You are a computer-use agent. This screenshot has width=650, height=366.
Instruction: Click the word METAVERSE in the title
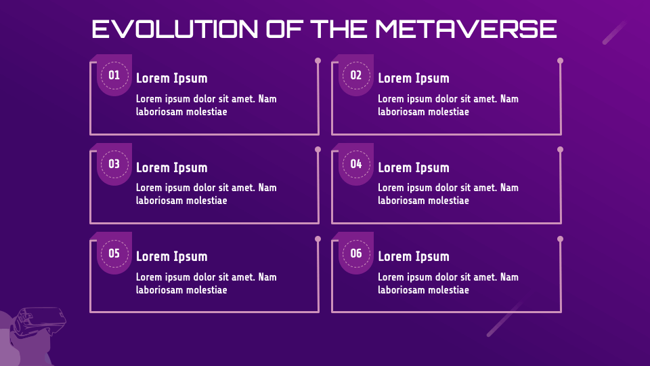[x=465, y=29]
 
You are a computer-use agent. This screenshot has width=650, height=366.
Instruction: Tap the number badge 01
[x=114, y=75]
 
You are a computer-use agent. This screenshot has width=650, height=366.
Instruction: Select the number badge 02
[x=356, y=75]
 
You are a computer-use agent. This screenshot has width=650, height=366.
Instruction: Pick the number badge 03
[x=114, y=164]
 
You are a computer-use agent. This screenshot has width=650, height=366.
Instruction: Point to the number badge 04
[x=356, y=164]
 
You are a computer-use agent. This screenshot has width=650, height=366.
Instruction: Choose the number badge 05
[x=114, y=253]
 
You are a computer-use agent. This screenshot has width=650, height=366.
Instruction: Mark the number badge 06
[x=356, y=253]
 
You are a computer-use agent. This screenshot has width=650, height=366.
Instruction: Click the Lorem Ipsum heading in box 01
[x=171, y=79]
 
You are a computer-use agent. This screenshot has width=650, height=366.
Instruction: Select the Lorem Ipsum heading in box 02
[x=413, y=79]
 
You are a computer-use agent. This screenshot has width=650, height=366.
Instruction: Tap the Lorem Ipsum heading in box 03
[x=171, y=168]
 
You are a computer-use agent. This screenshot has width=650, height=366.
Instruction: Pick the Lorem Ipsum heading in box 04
[x=413, y=168]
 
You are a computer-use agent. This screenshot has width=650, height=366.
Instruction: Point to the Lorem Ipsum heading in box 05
[x=171, y=257]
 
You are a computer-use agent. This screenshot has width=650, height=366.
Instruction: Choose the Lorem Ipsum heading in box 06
[x=413, y=257]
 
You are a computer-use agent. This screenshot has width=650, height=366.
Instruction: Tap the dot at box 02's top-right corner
[x=560, y=61]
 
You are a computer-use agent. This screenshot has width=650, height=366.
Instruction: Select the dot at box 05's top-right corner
[x=318, y=239]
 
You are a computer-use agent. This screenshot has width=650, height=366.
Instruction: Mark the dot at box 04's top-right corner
[x=560, y=150]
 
